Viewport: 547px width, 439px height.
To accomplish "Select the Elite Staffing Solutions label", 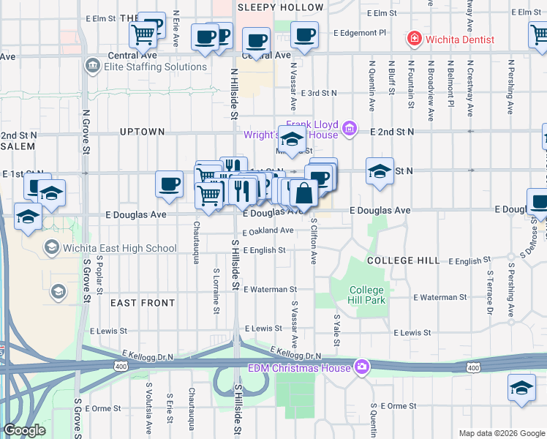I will (155, 67).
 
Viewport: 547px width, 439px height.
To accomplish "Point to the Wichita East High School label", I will (120, 248).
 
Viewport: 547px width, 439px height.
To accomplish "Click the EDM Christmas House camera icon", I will (361, 367).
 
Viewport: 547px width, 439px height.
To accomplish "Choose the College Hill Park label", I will (366, 295).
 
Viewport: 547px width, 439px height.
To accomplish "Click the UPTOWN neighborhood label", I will (143, 132).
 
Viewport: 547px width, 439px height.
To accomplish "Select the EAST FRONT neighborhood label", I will (143, 302).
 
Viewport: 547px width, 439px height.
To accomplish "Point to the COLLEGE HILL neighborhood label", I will (403, 260).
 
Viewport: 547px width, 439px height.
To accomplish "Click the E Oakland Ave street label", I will (268, 230).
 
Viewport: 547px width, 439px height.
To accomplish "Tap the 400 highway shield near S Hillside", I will (119, 365).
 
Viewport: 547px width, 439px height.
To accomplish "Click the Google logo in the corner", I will (25, 430).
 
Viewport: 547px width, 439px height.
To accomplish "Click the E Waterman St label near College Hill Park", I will (440, 297).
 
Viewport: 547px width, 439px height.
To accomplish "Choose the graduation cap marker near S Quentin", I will (521, 389).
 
